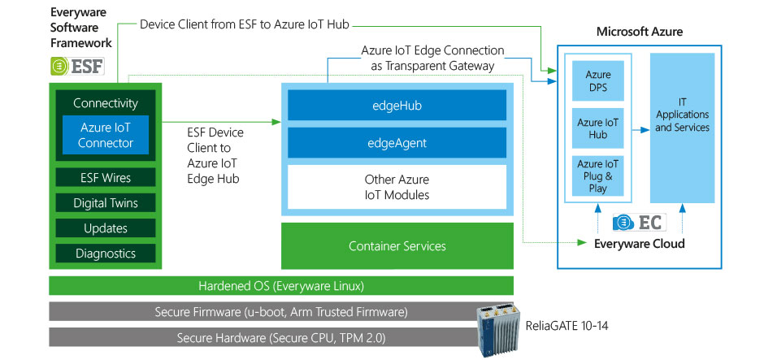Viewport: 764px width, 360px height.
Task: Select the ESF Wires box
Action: [106, 178]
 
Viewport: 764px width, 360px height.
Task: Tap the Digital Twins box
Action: [106, 203]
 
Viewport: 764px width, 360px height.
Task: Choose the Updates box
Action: [106, 228]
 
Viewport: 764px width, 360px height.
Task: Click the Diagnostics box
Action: [106, 254]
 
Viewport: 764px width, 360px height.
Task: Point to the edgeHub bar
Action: [397, 106]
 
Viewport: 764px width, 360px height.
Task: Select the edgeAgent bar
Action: [397, 143]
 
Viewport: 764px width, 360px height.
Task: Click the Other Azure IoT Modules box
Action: [397, 187]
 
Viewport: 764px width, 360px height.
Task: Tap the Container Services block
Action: [397, 246]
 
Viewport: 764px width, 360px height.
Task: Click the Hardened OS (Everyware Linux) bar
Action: [281, 286]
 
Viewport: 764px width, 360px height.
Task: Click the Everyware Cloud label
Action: [639, 244]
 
